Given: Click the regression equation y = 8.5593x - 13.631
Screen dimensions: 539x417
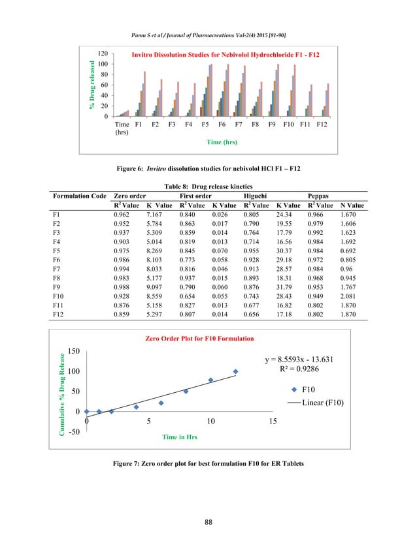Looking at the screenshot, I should coord(303,360).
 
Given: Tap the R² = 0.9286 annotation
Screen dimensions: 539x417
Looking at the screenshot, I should coord(303,370).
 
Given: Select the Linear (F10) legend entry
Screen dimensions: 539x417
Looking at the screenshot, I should coord(318,403).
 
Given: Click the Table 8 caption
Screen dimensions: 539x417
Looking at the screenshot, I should coord(208,185).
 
